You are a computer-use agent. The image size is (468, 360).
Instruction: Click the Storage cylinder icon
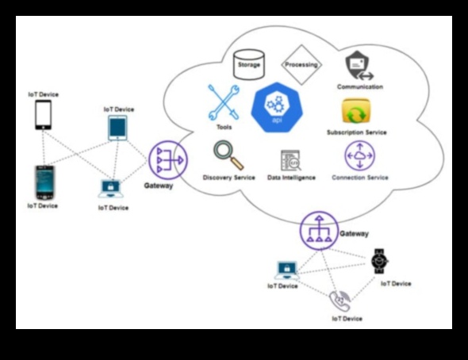248,64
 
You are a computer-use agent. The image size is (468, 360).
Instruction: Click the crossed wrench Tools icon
223,102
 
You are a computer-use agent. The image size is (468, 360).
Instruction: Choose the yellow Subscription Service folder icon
357,112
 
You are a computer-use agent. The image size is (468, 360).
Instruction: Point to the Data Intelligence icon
290,160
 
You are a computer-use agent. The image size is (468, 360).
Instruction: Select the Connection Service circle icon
359,155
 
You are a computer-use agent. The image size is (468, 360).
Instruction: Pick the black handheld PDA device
44,182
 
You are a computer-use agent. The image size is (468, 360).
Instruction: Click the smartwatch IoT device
380,260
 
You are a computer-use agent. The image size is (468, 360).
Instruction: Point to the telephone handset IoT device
339,300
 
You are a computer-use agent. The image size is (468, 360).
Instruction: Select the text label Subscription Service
356,132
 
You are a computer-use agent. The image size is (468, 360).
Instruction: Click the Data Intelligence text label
291,178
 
